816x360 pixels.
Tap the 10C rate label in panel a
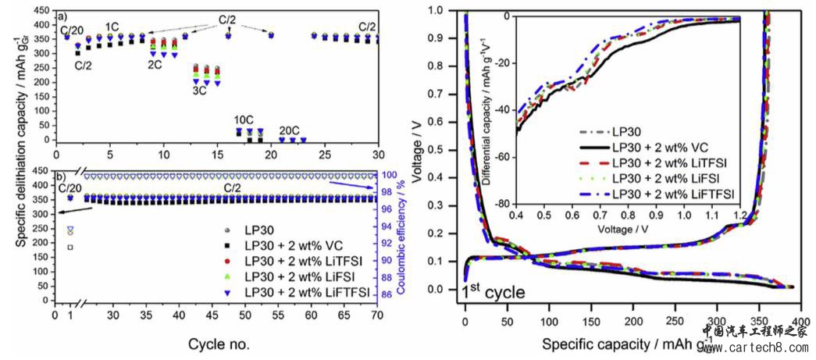244,120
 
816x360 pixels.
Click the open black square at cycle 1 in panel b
70,247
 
